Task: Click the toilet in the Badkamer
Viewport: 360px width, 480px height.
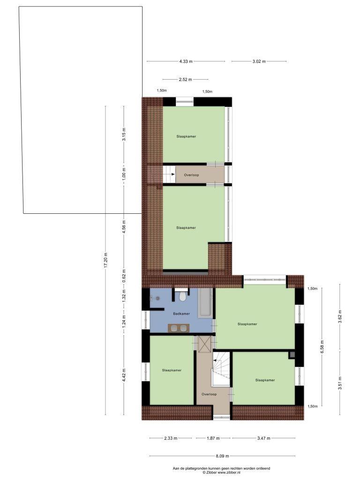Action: tap(183, 296)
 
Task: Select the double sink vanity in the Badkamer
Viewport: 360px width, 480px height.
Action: tap(179, 328)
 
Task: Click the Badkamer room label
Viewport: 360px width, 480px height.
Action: tap(181, 314)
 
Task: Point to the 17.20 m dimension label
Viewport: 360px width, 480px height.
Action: tap(105, 260)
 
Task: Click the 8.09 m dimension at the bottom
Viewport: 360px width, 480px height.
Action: tap(223, 456)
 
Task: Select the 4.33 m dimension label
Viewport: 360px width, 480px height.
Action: tap(186, 61)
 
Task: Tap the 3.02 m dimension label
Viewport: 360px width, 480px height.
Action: tap(259, 61)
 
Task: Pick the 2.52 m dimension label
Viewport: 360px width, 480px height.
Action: tap(186, 80)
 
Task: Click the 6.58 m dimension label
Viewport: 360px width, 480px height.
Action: tap(322, 346)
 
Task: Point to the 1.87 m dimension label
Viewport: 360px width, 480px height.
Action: tap(213, 438)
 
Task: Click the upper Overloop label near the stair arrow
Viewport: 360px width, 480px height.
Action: tap(191, 175)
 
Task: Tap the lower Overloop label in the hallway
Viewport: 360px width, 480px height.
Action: tap(209, 394)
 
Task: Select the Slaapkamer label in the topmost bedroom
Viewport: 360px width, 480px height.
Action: tap(186, 136)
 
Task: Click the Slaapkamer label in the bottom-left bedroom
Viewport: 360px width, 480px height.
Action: tap(172, 370)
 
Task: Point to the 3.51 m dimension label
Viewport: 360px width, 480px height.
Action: tap(340, 383)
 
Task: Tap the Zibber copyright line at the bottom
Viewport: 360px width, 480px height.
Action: tap(221, 472)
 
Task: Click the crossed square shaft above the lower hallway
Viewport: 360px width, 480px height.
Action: tap(204, 344)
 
